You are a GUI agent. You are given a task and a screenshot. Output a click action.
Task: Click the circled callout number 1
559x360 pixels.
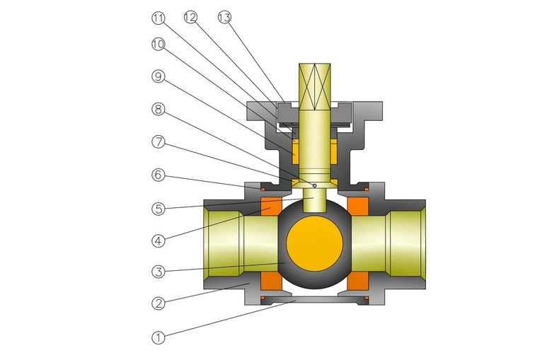(159, 337)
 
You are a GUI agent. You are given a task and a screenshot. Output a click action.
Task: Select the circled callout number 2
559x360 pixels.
(159, 303)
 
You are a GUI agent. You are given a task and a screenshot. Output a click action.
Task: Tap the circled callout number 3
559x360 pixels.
(159, 272)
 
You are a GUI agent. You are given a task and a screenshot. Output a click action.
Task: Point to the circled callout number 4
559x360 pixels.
(159, 240)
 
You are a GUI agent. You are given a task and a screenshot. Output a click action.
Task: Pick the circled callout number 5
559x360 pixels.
(159, 209)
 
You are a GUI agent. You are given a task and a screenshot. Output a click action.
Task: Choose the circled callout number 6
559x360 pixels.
(159, 175)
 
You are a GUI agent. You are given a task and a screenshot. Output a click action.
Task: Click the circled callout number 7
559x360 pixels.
(159, 142)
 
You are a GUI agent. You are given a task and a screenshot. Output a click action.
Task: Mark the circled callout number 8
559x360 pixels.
(159, 109)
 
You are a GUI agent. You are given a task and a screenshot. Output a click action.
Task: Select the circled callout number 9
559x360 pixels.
(159, 76)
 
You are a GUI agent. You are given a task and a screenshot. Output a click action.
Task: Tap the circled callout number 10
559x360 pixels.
(159, 44)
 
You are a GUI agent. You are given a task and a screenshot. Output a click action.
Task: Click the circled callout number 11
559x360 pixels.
(159, 18)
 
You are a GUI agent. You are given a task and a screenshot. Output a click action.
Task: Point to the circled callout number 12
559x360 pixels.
(191, 17)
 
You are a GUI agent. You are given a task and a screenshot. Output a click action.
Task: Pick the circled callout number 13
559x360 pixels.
(224, 17)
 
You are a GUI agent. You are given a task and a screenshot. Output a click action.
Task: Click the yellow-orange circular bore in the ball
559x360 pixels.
(314, 244)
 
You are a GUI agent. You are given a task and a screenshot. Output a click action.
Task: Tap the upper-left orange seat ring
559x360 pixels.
(272, 206)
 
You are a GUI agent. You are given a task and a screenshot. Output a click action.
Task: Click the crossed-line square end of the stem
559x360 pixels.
(314, 86)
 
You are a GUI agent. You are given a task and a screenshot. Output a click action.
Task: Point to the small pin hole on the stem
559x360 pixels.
(314, 185)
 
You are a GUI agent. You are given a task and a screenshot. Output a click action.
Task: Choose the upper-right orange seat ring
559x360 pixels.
(357, 206)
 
